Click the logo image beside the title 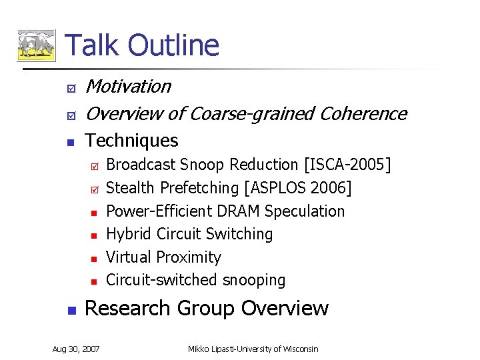[x=36, y=45]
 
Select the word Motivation [x=129, y=87]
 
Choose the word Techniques [x=132, y=141]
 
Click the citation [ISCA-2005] [x=347, y=165]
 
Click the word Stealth [x=129, y=188]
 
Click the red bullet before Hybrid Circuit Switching [x=94, y=235]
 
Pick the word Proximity [x=190, y=257]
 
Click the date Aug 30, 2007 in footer [x=76, y=349]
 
